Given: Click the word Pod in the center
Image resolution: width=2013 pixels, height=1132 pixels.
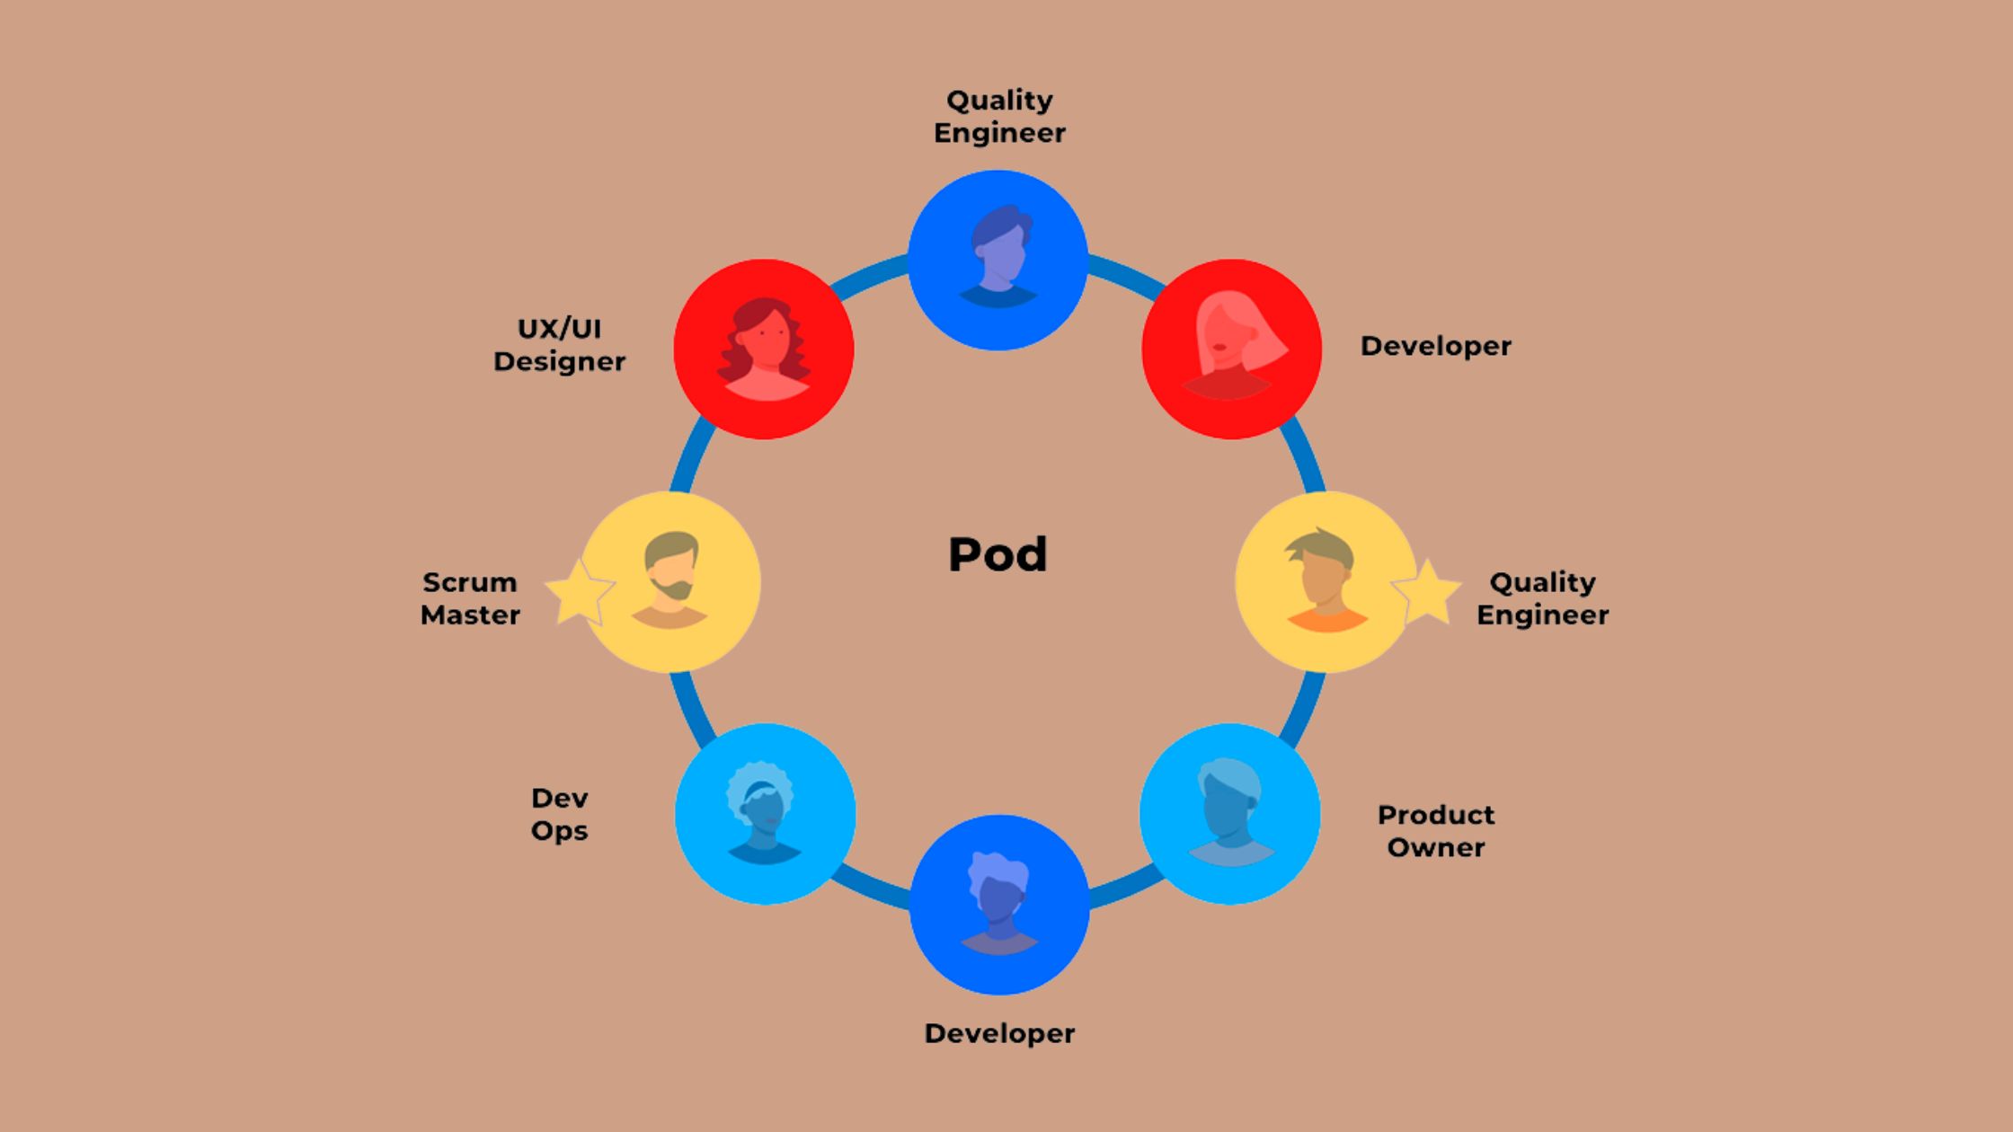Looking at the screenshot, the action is pyautogui.click(x=998, y=554).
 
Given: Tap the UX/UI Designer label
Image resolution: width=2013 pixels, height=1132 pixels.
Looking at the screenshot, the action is pyautogui.click(x=559, y=345).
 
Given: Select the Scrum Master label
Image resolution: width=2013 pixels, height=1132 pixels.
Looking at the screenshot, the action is pyautogui.click(x=470, y=598).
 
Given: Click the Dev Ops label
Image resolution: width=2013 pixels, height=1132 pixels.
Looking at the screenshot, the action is pyautogui.click(x=559, y=814).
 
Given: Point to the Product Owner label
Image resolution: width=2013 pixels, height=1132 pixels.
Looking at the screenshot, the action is pyautogui.click(x=1435, y=831).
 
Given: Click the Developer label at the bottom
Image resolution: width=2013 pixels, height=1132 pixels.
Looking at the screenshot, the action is pyautogui.click(x=999, y=1033).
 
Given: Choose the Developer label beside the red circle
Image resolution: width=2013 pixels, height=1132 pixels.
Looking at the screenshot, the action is pyautogui.click(x=1435, y=346).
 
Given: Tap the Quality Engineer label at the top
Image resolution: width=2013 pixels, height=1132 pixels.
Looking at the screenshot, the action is pyautogui.click(x=999, y=116).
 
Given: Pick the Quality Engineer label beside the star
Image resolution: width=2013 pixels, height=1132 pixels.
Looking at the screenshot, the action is pyautogui.click(x=1542, y=598).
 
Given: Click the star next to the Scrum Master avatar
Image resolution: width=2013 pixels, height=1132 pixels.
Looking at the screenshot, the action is pyautogui.click(x=578, y=591).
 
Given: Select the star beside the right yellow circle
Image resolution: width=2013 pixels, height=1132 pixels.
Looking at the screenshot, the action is pyautogui.click(x=1427, y=591).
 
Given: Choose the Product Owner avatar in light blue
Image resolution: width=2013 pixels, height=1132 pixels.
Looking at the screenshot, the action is pyautogui.click(x=1230, y=813).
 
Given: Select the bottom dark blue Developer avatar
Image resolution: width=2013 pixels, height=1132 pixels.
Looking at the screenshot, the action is pyautogui.click(x=999, y=903).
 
